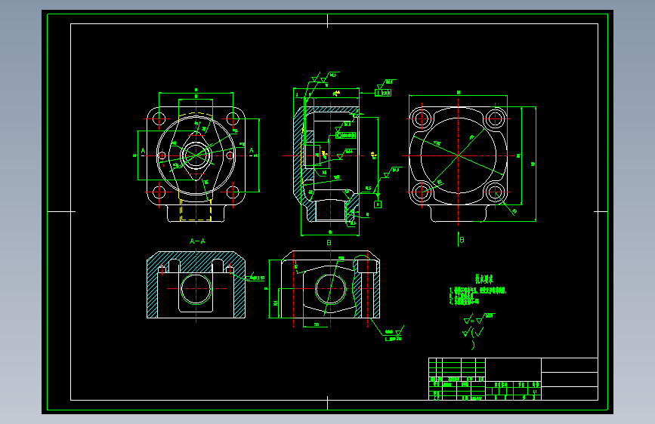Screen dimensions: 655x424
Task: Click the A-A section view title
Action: tap(196, 241)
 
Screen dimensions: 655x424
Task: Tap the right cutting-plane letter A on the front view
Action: tap(251, 151)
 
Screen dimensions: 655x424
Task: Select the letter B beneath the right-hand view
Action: tap(462, 240)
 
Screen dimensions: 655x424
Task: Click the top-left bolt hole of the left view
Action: tap(159, 118)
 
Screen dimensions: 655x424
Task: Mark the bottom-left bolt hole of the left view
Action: tap(159, 192)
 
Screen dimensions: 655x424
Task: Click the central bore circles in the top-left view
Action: tap(196, 155)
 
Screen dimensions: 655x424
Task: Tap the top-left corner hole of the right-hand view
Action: tap(421, 118)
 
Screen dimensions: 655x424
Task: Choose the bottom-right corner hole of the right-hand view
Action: tap(495, 192)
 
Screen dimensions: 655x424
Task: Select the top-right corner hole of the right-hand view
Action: tap(495, 118)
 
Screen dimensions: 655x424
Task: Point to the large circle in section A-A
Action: tap(196, 288)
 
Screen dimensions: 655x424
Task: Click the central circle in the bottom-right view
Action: tap(329, 288)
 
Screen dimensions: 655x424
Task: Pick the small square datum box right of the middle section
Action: tap(378, 204)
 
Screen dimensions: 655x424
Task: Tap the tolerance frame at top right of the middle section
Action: tap(384, 94)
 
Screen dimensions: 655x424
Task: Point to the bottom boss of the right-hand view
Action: tap(458, 214)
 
